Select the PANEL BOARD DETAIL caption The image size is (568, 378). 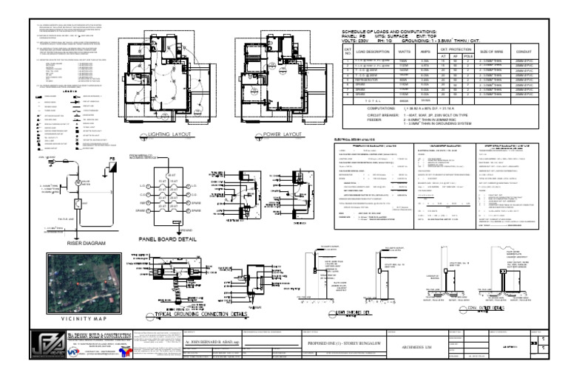pyautogui.click(x=172, y=239)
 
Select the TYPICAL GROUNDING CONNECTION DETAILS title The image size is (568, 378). pyautogui.click(x=204, y=315)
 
